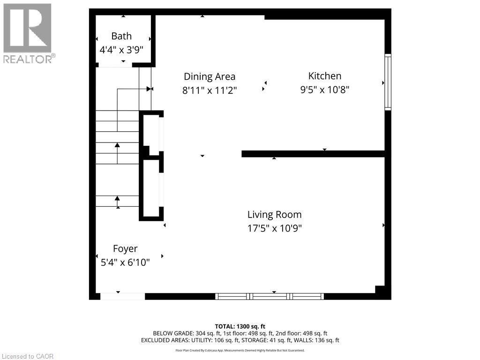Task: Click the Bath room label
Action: [121, 36]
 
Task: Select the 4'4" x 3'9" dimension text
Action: [121, 49]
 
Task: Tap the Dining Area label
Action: [210, 76]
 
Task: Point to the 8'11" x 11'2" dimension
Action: [210, 90]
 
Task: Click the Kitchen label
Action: [324, 76]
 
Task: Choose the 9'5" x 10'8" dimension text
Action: [324, 90]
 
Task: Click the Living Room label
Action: [274, 215]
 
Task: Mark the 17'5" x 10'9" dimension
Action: [274, 228]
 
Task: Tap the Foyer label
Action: [125, 249]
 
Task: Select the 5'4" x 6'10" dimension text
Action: [125, 262]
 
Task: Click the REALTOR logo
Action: [28, 33]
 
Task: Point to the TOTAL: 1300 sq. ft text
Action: [240, 326]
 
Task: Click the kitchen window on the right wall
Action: [388, 82]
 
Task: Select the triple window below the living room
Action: [270, 296]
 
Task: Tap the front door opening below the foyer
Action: [122, 296]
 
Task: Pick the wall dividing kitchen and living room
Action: [313, 154]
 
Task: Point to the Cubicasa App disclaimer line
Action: [240, 350]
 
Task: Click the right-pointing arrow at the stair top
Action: [149, 89]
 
